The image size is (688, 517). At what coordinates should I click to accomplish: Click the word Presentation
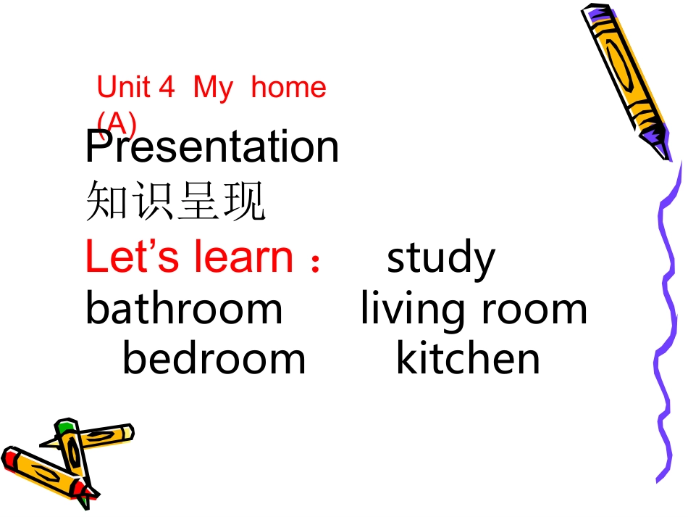[211, 147]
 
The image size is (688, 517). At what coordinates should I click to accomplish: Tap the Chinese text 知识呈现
[176, 201]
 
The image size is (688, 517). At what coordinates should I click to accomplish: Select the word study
[441, 258]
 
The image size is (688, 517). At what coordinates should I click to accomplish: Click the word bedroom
[214, 358]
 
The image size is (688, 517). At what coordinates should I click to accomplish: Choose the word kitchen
[468, 358]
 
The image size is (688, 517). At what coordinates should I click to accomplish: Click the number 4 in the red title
[167, 88]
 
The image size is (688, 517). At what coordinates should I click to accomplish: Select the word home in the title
[288, 88]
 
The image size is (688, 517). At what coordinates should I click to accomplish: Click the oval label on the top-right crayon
[619, 62]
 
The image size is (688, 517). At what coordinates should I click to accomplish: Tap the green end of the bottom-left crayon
[67, 424]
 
